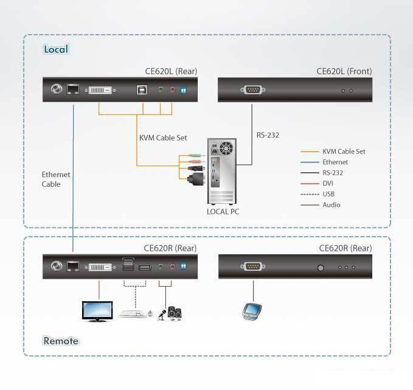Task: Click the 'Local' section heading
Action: point(56,49)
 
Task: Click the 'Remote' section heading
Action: point(61,341)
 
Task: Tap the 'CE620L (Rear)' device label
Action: point(171,71)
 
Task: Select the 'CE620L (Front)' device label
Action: point(344,71)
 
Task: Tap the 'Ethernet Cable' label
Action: point(56,179)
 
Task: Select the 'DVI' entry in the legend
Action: point(328,183)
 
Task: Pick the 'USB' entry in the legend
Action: point(329,194)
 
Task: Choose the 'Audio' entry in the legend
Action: point(331,204)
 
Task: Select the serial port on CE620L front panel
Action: point(251,91)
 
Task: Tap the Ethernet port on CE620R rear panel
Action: point(73,266)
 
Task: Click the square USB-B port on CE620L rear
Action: point(141,91)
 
